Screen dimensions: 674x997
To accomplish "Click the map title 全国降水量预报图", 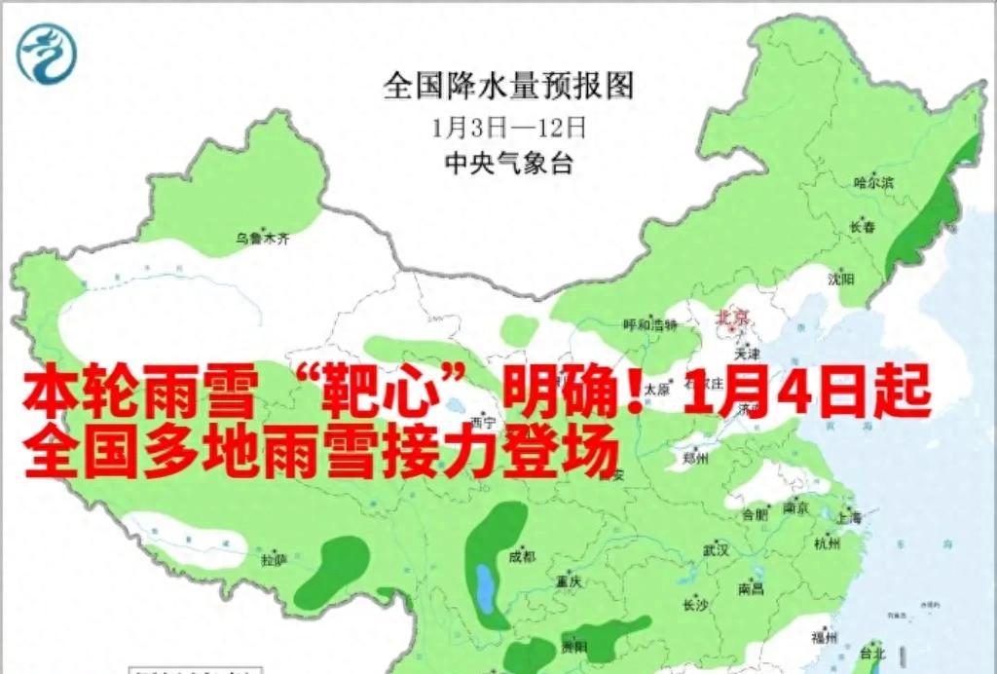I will tap(508, 86).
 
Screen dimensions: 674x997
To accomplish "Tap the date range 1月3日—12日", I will tap(508, 127).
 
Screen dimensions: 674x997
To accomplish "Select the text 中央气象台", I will tap(508, 164).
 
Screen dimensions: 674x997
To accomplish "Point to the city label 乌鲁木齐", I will tap(263, 237).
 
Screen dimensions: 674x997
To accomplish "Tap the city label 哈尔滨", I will tap(872, 182).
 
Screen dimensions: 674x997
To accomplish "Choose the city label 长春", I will tap(863, 227).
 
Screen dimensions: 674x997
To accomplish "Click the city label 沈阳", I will tap(841, 279).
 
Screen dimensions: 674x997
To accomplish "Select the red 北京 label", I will tap(733, 317).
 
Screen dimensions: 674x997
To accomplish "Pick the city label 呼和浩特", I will tap(650, 324).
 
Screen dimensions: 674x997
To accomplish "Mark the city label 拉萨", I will tap(274, 560).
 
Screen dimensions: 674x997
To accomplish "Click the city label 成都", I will tap(522, 557).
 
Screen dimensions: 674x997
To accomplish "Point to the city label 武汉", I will tap(717, 550).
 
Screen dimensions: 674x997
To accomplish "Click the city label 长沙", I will tap(695, 604).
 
